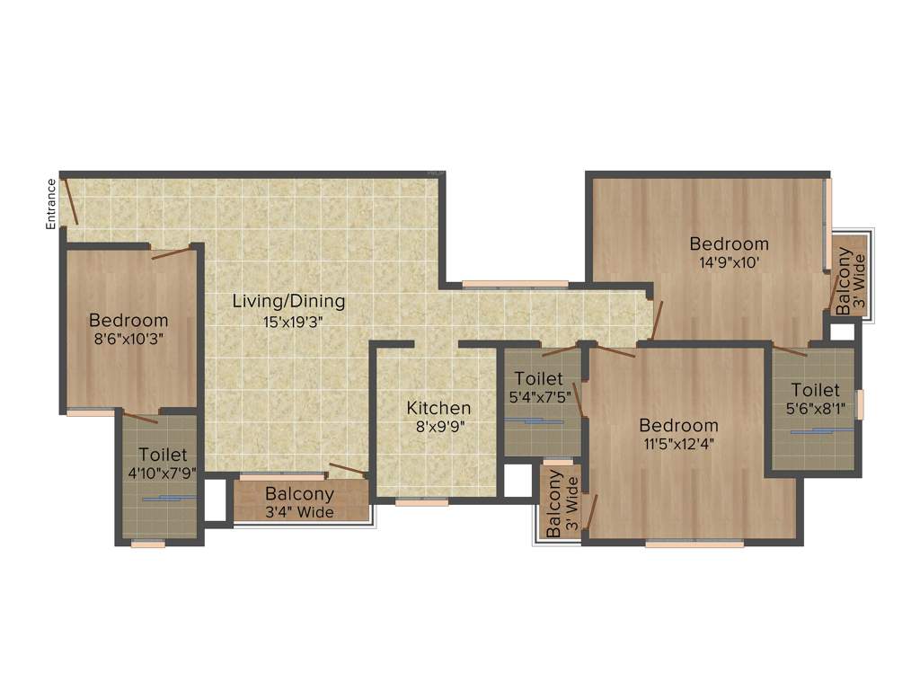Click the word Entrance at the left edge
coord(52,204)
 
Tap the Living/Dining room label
coord(288,301)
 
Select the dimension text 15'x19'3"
coord(288,321)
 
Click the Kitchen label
coord(438,408)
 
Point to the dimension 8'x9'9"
coord(439,428)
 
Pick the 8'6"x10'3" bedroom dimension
coord(128,339)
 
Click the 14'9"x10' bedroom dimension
coord(729,262)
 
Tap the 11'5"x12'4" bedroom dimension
coord(678,443)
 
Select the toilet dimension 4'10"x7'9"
coord(162,473)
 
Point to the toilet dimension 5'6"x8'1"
coord(815,409)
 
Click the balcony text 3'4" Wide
coord(299,512)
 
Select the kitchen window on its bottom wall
coord(421,502)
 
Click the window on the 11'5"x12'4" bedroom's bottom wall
coord(694,543)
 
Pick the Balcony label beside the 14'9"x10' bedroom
coord(845,279)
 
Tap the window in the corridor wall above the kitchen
coord(515,284)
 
